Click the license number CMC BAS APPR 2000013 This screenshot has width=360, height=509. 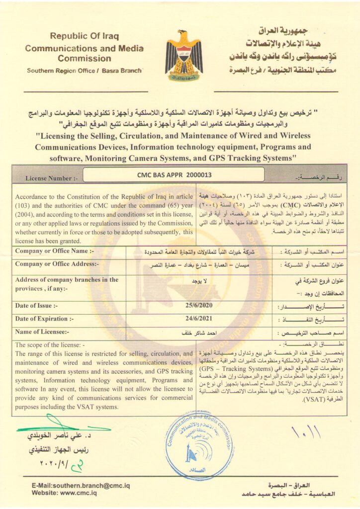(x=174, y=174)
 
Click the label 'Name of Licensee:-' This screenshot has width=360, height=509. (x=42, y=332)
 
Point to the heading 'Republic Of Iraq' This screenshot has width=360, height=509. (x=84, y=36)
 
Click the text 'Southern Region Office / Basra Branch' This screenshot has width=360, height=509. (x=85, y=71)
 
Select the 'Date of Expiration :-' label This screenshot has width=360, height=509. (x=44, y=319)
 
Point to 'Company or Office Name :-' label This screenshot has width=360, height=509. (x=55, y=251)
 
